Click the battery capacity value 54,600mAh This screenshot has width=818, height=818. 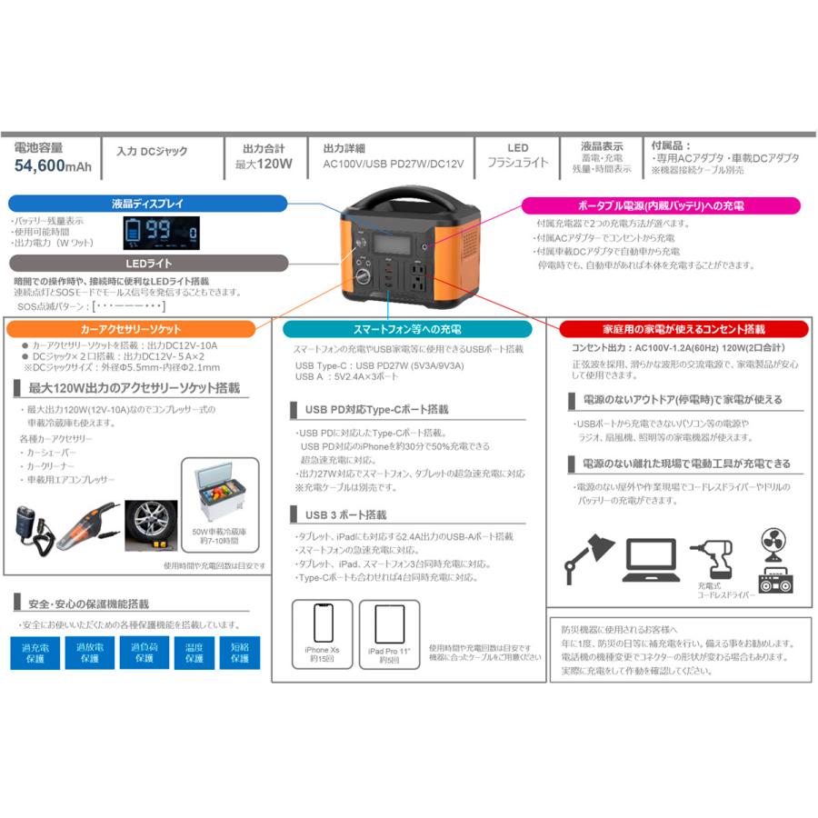52,165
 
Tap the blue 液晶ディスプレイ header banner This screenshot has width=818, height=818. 147,204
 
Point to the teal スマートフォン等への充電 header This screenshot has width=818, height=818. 407,328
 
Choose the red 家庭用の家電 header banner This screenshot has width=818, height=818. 682,328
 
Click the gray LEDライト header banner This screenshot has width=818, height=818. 147,263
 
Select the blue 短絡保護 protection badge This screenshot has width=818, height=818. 240,653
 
